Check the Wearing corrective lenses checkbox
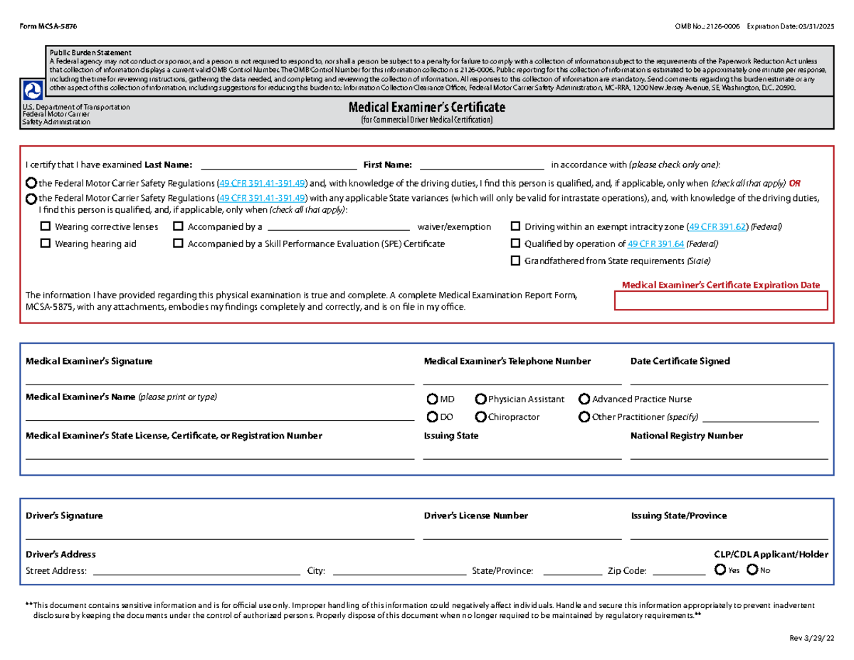coord(46,227)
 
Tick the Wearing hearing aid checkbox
coord(46,243)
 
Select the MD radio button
coord(433,399)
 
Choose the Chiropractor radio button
coord(481,417)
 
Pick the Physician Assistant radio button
coord(481,399)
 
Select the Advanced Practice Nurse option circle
coord(584,399)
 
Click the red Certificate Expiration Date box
coord(721,300)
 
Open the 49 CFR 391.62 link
coord(717,227)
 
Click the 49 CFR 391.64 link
coord(655,243)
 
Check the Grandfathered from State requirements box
coord(516,261)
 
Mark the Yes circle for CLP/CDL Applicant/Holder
coord(720,570)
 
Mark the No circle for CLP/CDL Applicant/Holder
coord(752,570)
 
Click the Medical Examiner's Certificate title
coord(426,107)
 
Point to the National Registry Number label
coord(686,436)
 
